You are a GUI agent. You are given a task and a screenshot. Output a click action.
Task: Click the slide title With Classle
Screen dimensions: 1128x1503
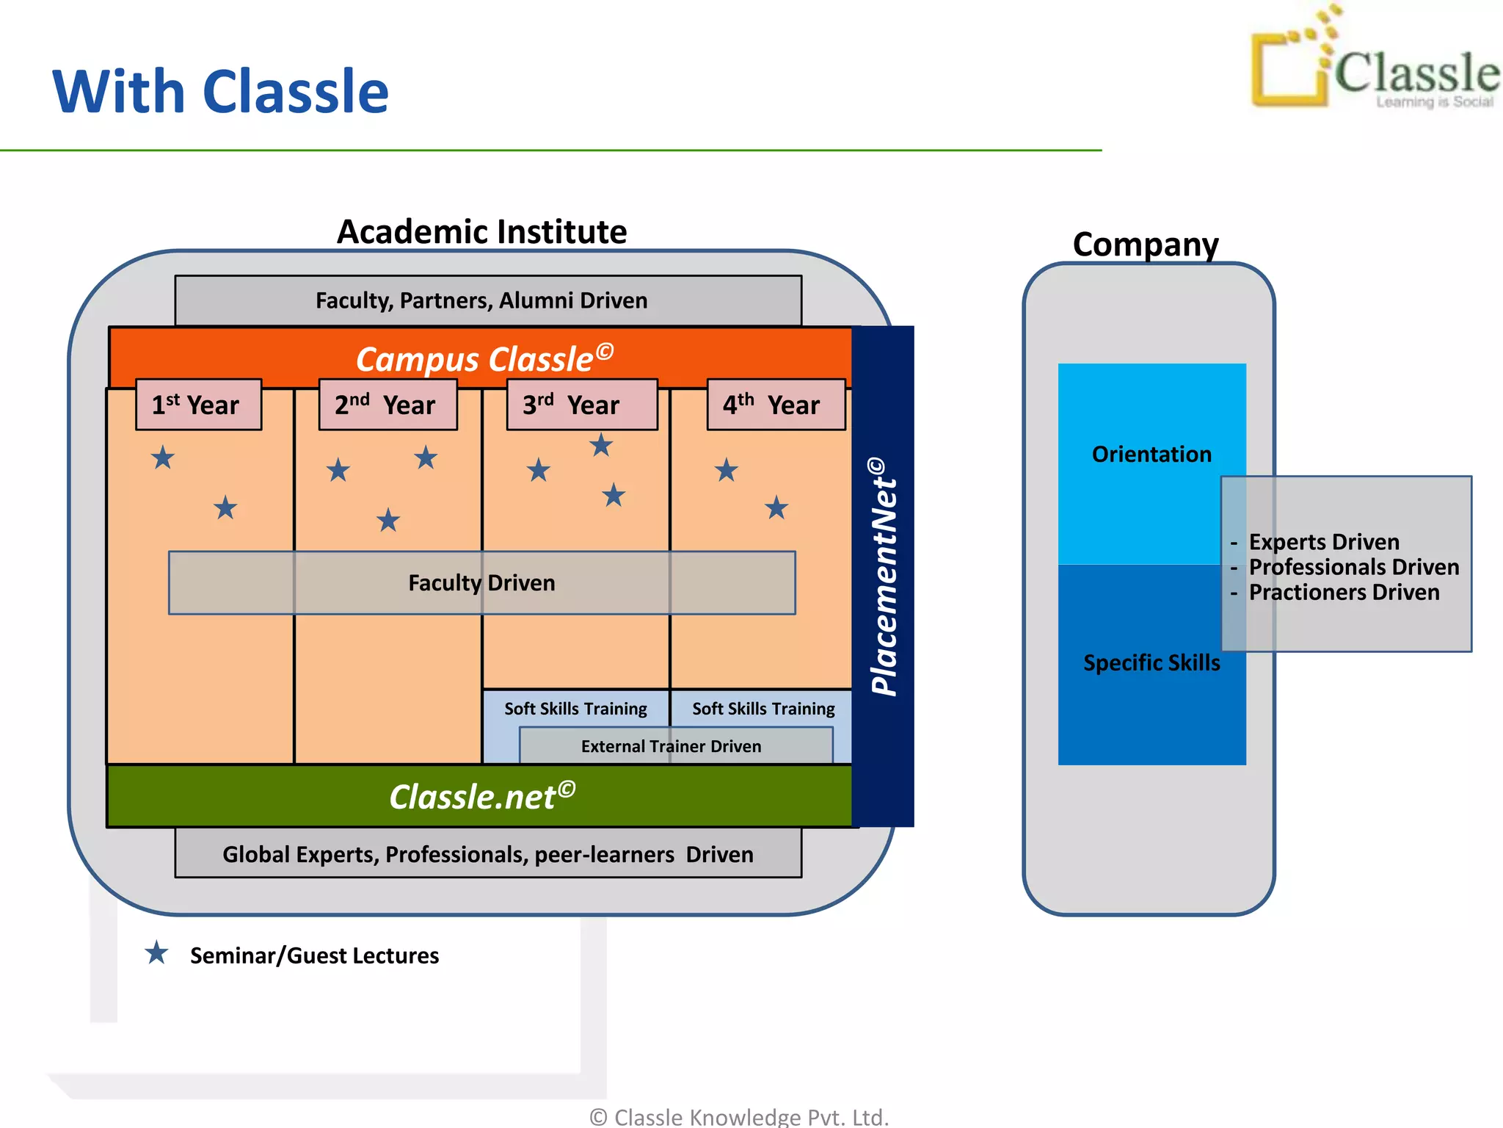[220, 91]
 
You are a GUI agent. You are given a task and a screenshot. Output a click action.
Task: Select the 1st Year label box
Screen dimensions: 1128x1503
[198, 405]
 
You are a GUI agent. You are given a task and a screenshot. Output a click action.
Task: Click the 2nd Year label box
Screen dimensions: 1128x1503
[387, 405]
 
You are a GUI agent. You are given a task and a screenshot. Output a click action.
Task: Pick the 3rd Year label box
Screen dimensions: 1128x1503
[581, 405]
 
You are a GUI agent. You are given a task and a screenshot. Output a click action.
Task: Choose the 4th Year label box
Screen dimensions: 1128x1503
[776, 405]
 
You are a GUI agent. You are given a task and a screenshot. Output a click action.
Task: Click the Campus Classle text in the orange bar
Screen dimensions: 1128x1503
[484, 358]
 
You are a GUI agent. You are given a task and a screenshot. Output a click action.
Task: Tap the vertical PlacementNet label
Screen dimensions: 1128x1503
[884, 576]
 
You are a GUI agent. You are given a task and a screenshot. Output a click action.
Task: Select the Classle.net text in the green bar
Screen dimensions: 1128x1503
[481, 797]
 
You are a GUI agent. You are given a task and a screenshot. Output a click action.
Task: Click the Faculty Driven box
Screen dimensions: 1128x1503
[481, 582]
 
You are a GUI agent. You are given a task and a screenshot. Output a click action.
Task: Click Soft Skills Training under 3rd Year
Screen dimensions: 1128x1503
[575, 709]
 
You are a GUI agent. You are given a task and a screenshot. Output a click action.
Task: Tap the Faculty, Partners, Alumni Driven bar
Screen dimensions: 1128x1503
[487, 300]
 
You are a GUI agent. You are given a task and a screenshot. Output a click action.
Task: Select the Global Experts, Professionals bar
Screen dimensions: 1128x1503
[487, 854]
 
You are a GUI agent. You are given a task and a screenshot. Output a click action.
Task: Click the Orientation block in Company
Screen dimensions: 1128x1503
[1151, 455]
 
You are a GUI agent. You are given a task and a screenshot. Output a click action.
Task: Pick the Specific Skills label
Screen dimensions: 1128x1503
[1151, 662]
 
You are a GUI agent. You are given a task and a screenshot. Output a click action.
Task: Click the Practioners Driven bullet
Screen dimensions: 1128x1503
[1343, 592]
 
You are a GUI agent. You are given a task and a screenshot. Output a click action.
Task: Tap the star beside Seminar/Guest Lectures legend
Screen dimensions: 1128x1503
[156, 953]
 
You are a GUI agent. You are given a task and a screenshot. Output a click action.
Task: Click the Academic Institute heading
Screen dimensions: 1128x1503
[481, 232]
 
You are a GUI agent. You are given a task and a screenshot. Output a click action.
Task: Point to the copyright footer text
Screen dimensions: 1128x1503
[739, 1116]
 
